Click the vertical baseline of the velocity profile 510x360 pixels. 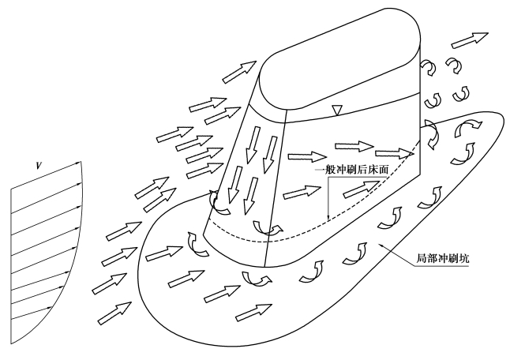click(x=8, y=261)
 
